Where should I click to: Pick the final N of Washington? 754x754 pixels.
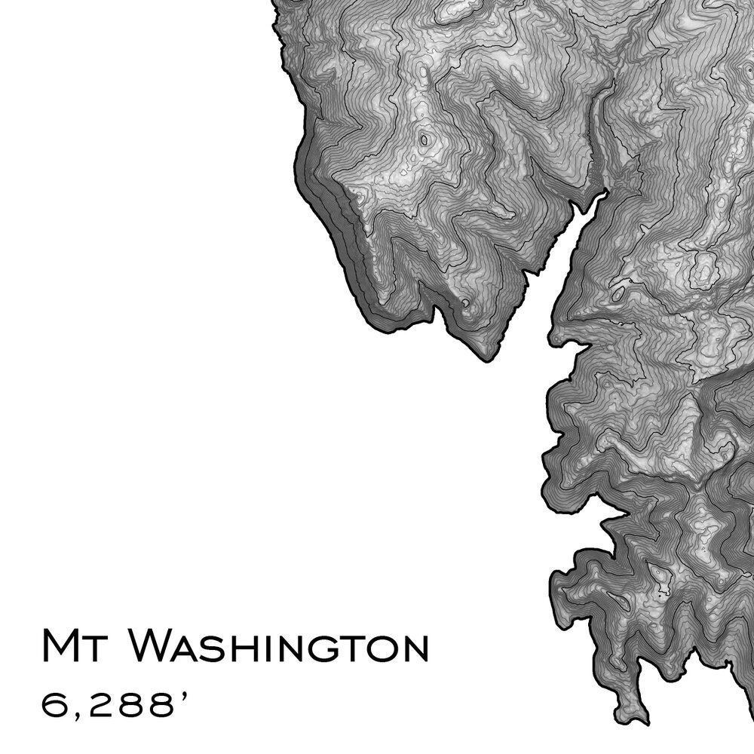(411, 649)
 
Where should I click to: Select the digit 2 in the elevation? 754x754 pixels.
(97, 706)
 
